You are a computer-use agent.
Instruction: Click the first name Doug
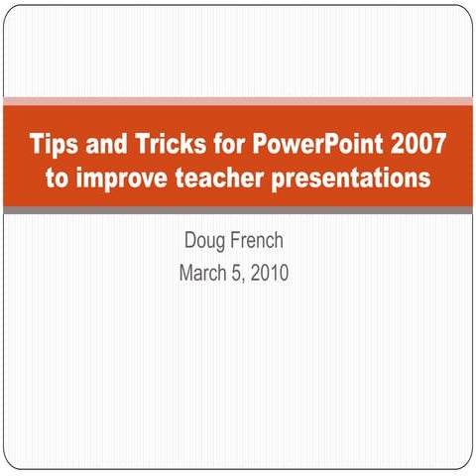(x=205, y=242)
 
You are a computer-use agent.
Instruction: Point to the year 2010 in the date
(x=268, y=272)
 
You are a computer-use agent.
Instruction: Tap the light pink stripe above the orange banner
(x=238, y=101)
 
